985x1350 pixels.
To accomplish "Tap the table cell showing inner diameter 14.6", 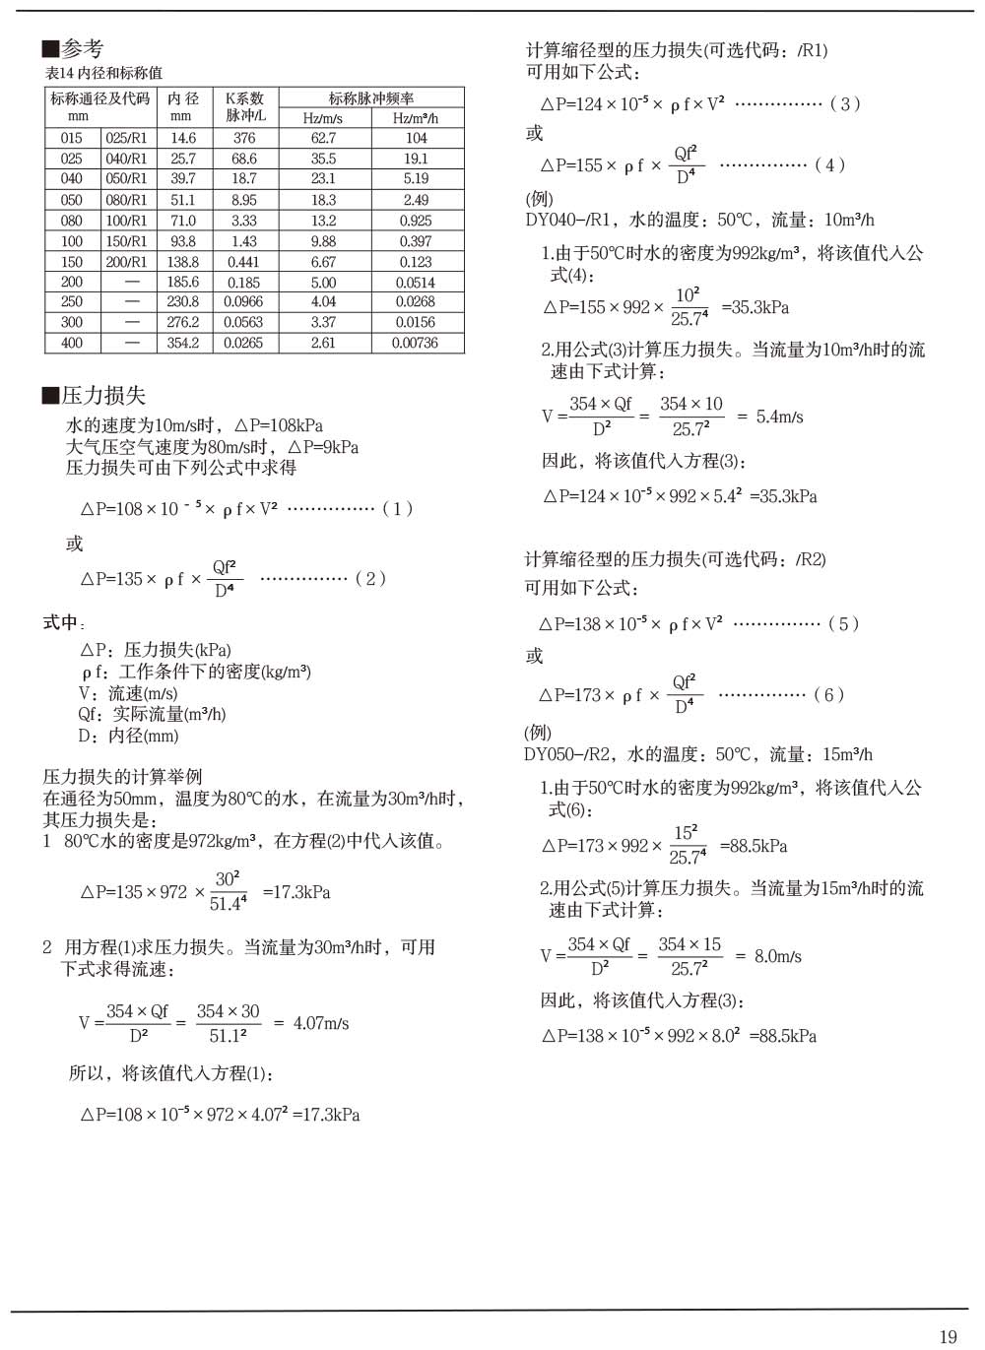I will [183, 139].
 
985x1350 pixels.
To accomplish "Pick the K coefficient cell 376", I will [244, 139].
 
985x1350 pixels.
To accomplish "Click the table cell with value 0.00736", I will [415, 343].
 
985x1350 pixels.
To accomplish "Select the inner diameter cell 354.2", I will [183, 343].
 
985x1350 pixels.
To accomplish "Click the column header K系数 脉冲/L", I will [244, 106].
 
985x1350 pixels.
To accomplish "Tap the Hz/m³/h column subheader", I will [415, 118].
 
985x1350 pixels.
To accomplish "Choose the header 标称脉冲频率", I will [370, 97].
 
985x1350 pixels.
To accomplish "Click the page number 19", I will [948, 1336].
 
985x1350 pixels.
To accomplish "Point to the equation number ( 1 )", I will [397, 508].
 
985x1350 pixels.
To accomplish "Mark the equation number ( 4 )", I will [829, 164].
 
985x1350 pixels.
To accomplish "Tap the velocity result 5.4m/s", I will [779, 417].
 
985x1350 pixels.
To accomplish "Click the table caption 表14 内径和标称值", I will [103, 73].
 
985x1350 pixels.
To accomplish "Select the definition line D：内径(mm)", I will [128, 736].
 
